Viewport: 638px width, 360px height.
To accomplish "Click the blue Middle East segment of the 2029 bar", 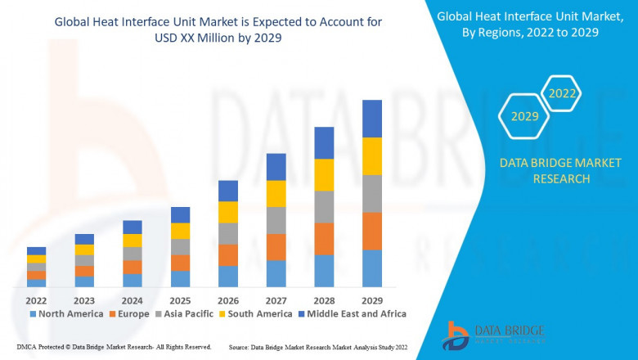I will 372,119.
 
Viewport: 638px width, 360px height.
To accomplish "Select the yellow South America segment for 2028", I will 324,174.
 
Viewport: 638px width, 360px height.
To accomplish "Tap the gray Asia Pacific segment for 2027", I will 276,220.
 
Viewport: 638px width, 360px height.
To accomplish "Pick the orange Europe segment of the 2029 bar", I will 372,231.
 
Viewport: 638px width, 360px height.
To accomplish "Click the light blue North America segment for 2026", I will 228,277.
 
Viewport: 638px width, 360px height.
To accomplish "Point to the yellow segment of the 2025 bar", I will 180,231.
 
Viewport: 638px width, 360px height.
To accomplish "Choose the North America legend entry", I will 66,313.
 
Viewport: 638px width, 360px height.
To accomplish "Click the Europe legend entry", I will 130,313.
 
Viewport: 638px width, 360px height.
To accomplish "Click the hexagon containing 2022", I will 561,93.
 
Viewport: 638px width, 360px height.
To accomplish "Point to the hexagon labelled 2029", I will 524,117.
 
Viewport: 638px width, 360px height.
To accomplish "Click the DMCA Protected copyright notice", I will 114,347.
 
